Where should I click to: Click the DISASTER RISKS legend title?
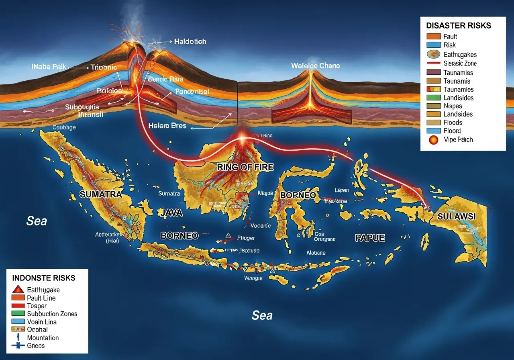point(459,26)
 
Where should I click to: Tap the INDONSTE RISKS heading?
point(44,278)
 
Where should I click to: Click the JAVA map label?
point(172,213)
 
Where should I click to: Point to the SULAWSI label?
point(457,217)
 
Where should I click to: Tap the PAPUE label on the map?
point(370,238)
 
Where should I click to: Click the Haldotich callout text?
point(190,42)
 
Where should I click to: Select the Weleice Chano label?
point(315,66)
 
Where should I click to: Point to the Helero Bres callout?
point(167,126)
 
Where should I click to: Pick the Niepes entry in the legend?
point(453,106)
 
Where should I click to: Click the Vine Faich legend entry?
point(458,140)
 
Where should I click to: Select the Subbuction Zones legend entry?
point(52,314)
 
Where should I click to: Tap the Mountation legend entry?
point(43,338)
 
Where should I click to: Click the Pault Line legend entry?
point(41,298)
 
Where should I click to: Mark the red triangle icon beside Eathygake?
point(18,289)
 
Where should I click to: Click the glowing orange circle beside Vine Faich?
point(433,140)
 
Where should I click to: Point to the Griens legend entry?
point(36,346)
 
